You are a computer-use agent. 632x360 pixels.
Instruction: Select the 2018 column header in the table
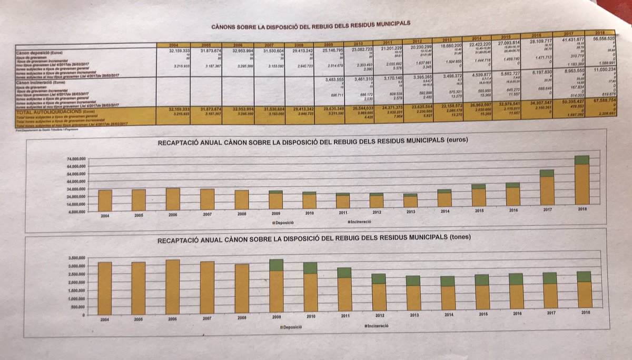599,33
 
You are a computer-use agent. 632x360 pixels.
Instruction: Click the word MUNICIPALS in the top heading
388,24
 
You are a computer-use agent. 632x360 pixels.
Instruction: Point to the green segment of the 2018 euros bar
581,160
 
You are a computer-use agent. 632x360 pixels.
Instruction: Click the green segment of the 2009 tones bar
275,265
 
